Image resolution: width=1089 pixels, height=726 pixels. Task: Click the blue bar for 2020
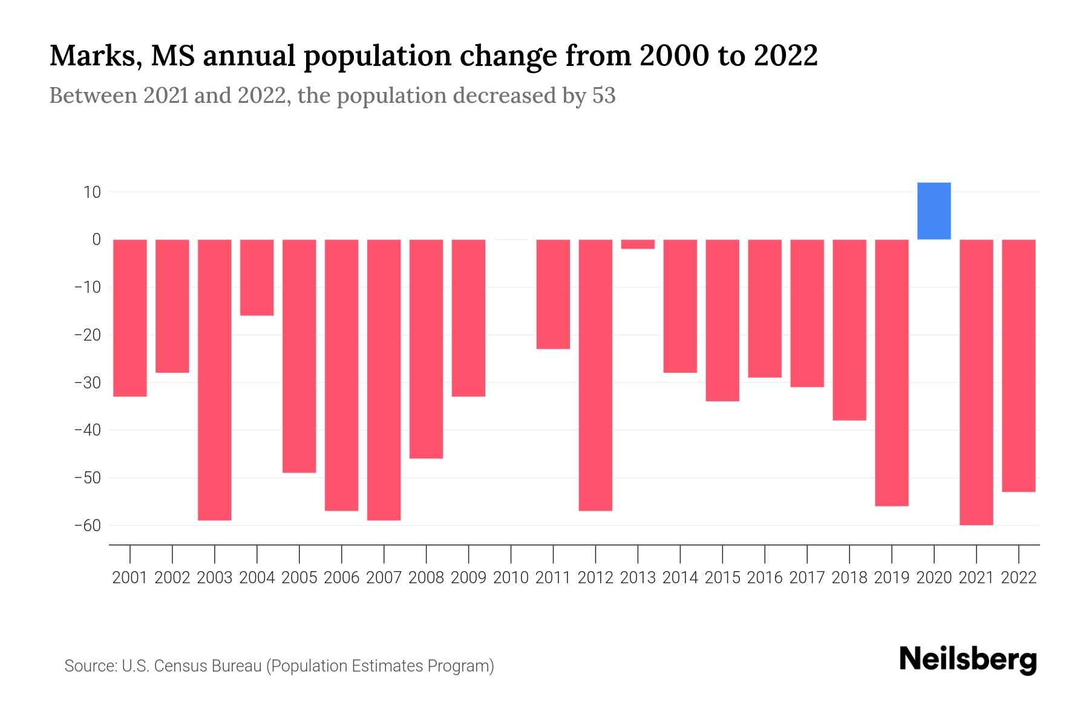(x=934, y=211)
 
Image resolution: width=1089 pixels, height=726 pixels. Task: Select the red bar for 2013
(x=638, y=244)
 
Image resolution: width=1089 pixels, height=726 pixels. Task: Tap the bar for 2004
(x=257, y=278)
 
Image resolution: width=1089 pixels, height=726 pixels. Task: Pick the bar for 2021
(x=976, y=382)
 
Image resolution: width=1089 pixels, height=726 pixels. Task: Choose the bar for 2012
(x=595, y=375)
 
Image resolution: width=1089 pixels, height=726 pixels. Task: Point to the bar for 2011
(x=553, y=294)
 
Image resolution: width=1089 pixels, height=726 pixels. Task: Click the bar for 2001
(x=130, y=318)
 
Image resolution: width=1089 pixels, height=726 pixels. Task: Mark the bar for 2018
(x=849, y=330)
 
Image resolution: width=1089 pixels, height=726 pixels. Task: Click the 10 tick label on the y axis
(x=92, y=192)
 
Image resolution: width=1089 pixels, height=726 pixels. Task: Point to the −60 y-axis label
(x=88, y=526)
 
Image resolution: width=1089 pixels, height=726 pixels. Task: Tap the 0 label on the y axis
(x=96, y=240)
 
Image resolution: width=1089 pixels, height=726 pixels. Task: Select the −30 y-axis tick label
(x=88, y=383)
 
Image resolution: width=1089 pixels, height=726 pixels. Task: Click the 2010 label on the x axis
(x=511, y=578)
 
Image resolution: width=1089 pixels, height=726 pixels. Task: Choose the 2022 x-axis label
(x=1018, y=578)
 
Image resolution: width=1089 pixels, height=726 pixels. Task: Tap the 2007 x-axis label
(x=384, y=578)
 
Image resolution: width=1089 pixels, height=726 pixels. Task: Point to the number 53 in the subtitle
(x=603, y=96)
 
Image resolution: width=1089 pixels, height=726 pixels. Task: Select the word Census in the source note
(x=180, y=666)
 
